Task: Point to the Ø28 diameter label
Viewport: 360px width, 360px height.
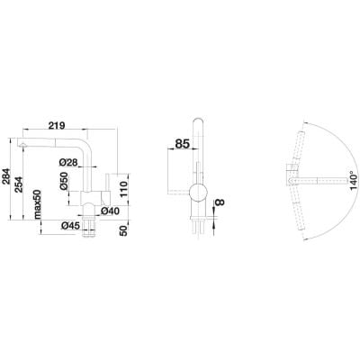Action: tap(71, 162)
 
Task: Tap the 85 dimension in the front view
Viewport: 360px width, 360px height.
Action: tap(182, 143)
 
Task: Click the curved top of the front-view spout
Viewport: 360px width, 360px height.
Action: tap(199, 122)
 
